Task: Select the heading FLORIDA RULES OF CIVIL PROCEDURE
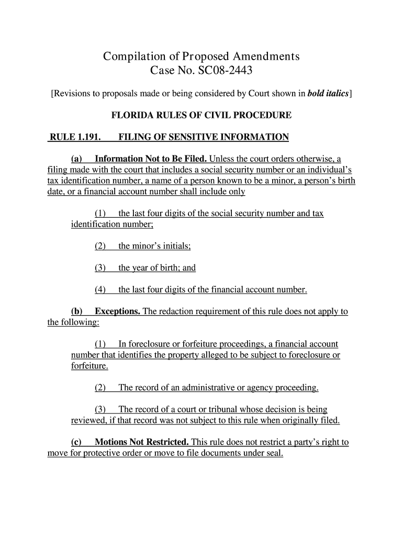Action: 201,115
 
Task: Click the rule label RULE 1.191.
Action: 74,137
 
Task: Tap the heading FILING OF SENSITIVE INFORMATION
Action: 204,137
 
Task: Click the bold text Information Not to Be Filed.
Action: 151,159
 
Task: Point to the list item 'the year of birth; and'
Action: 157,268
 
